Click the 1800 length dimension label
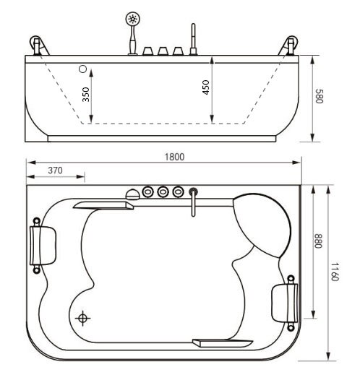(174, 157)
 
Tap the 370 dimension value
(55, 170)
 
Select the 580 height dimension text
(320, 96)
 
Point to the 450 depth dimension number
(205, 87)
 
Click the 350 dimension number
(86, 95)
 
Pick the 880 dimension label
(318, 241)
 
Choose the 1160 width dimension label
(335, 272)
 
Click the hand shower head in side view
(133, 19)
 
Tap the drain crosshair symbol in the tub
(82, 318)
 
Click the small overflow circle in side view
(82, 69)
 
